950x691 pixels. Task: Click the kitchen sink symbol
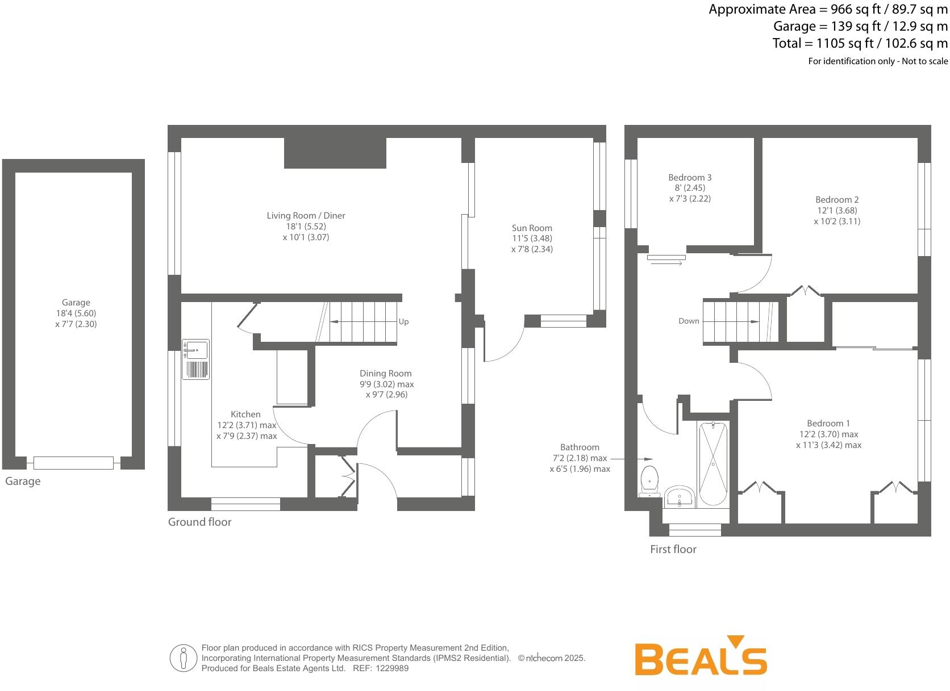[x=195, y=359]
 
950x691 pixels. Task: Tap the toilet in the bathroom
[x=648, y=480]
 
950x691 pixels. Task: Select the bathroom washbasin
[x=679, y=496]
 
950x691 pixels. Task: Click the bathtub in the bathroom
[x=713, y=463]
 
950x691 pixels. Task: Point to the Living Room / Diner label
[x=306, y=216]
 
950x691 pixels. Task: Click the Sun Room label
[x=532, y=228]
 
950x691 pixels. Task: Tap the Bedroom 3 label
[x=690, y=178]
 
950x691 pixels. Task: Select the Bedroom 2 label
[x=837, y=200]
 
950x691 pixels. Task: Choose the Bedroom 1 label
[x=828, y=424]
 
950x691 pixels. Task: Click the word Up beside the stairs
[x=403, y=322]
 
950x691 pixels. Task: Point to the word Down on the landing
[x=689, y=321]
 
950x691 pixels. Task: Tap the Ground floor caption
[x=199, y=522]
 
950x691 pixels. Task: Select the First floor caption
[x=673, y=549]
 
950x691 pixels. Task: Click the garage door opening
[x=73, y=463]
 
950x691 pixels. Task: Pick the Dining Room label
[x=385, y=374]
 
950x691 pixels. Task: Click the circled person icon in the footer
[x=183, y=658]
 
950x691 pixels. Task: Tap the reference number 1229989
[x=390, y=668]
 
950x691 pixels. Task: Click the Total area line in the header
[x=860, y=43]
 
